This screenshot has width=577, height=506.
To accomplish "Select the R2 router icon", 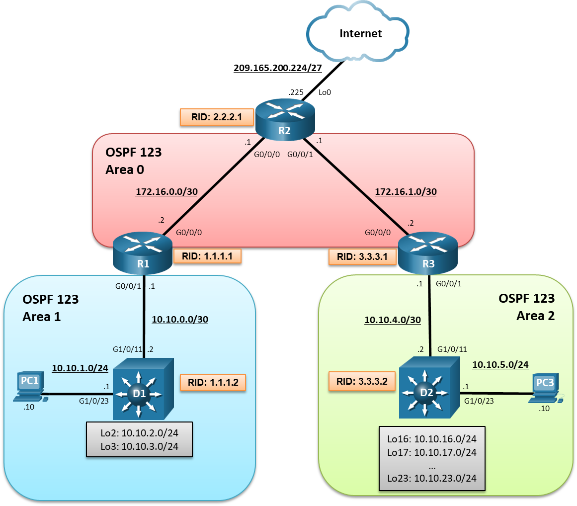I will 285,118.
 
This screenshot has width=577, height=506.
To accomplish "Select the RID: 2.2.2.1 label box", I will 217,117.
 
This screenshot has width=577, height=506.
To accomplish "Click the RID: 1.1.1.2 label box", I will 213,383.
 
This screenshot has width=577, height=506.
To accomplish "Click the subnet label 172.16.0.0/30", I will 166,191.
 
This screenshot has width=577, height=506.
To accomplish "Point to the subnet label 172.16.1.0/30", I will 405,191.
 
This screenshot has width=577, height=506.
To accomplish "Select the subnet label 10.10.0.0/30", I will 180,320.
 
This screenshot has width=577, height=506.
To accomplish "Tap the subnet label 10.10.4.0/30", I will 393,320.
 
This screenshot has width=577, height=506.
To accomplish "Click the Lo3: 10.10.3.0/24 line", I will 139,445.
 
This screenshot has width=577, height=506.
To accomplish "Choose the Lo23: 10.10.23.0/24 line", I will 431,479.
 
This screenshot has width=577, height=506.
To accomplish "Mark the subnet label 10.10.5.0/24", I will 500,364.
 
